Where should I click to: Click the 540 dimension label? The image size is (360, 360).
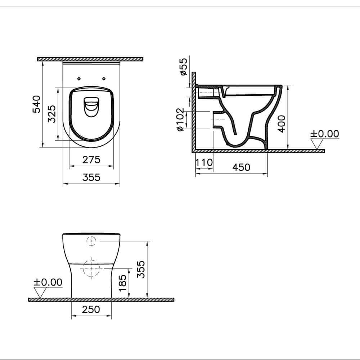pos(37,104)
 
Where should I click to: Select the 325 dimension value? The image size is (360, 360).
pos(52,114)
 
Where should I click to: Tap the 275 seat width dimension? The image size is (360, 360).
pos(91,159)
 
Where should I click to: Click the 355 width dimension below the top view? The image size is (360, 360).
pos(91,177)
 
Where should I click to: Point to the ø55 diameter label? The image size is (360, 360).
pos(183,66)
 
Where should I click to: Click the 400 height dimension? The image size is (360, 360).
pos(282,123)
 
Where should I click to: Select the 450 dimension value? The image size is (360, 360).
pos(241,167)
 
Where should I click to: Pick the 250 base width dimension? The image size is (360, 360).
pos(91,310)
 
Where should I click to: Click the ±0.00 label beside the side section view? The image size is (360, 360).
pos(325,134)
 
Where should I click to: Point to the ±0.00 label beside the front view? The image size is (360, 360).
pos(48,282)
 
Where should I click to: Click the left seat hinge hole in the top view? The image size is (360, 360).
pos(79,78)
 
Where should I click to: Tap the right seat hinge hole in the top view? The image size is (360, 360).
pos(104,78)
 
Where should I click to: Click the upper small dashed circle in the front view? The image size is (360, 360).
pos(91,240)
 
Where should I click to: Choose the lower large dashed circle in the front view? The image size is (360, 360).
pos(91,268)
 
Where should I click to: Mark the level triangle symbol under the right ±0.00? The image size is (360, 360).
pos(317,144)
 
